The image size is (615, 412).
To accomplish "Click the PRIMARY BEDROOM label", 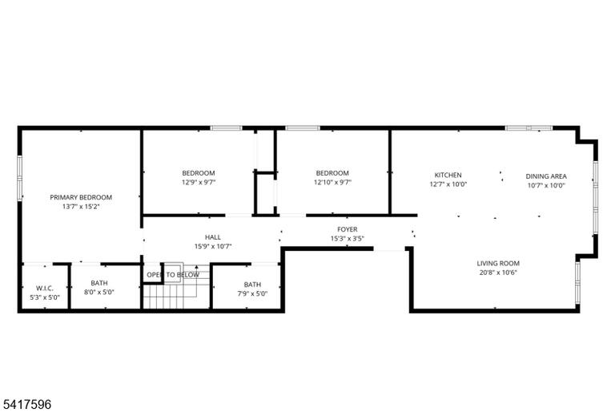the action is [x=81, y=197].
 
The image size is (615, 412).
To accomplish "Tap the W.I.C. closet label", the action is [x=45, y=289].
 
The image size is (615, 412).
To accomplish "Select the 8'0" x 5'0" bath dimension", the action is [x=99, y=293].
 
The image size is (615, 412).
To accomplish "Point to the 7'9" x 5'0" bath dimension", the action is [x=252, y=293].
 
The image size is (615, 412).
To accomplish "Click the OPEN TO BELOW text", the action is [x=173, y=275].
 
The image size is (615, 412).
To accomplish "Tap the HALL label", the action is [x=213, y=237].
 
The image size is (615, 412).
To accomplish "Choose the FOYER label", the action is [x=348, y=229].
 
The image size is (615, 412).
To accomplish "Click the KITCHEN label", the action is [x=448, y=176].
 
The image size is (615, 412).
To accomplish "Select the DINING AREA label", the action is [x=546, y=176].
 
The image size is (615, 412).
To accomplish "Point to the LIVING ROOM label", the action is [x=498, y=263].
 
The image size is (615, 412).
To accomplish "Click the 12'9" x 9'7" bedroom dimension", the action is [x=199, y=182].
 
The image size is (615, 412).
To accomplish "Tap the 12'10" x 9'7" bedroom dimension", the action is [x=332, y=182].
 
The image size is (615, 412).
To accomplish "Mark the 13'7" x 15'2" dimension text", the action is [x=81, y=207].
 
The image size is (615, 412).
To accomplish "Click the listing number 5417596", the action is [x=26, y=404].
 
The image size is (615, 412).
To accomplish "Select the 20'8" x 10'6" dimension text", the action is [x=498, y=273].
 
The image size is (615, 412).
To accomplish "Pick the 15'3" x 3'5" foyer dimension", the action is [x=348, y=238].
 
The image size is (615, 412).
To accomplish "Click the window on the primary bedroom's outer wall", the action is [x=19, y=178].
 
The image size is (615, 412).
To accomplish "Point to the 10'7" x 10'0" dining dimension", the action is [x=546, y=185].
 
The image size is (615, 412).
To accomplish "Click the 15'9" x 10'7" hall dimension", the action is [x=213, y=247].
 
